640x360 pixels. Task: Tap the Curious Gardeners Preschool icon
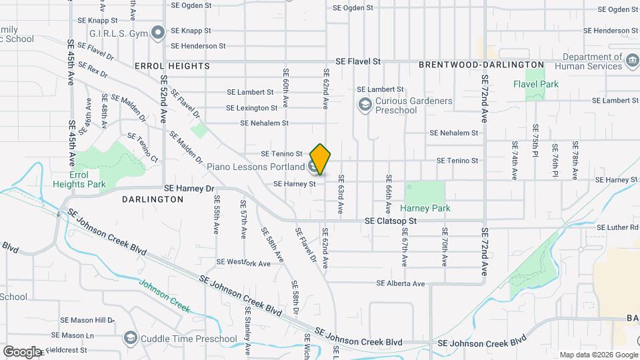click(365, 105)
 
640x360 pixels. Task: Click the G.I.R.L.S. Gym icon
click(158, 31)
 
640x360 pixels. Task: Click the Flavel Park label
click(536, 85)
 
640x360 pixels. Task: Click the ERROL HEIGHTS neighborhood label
click(172, 66)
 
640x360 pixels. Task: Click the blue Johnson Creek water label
click(165, 295)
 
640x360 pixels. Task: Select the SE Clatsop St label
click(390, 221)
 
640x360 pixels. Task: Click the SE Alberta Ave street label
click(400, 283)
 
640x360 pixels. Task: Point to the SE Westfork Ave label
click(243, 263)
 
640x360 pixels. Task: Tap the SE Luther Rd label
click(618, 227)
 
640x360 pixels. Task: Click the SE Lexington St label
click(252, 108)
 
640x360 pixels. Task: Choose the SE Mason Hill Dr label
click(87, 320)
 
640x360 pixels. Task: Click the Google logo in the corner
click(22, 351)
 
